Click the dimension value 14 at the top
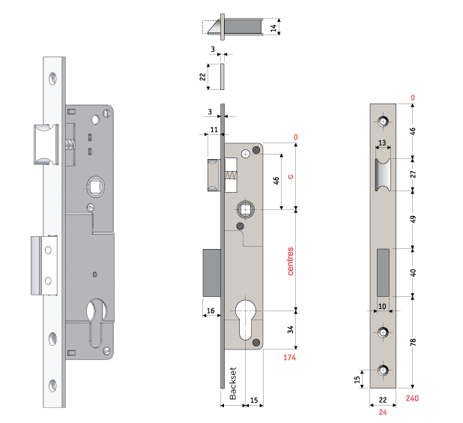(x=274, y=28)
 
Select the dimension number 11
(x=214, y=130)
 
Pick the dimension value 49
(x=414, y=220)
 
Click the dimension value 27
(x=414, y=174)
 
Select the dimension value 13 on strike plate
(x=381, y=142)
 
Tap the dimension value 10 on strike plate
(x=382, y=306)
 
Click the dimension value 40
(x=414, y=271)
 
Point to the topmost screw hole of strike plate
(x=383, y=121)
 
